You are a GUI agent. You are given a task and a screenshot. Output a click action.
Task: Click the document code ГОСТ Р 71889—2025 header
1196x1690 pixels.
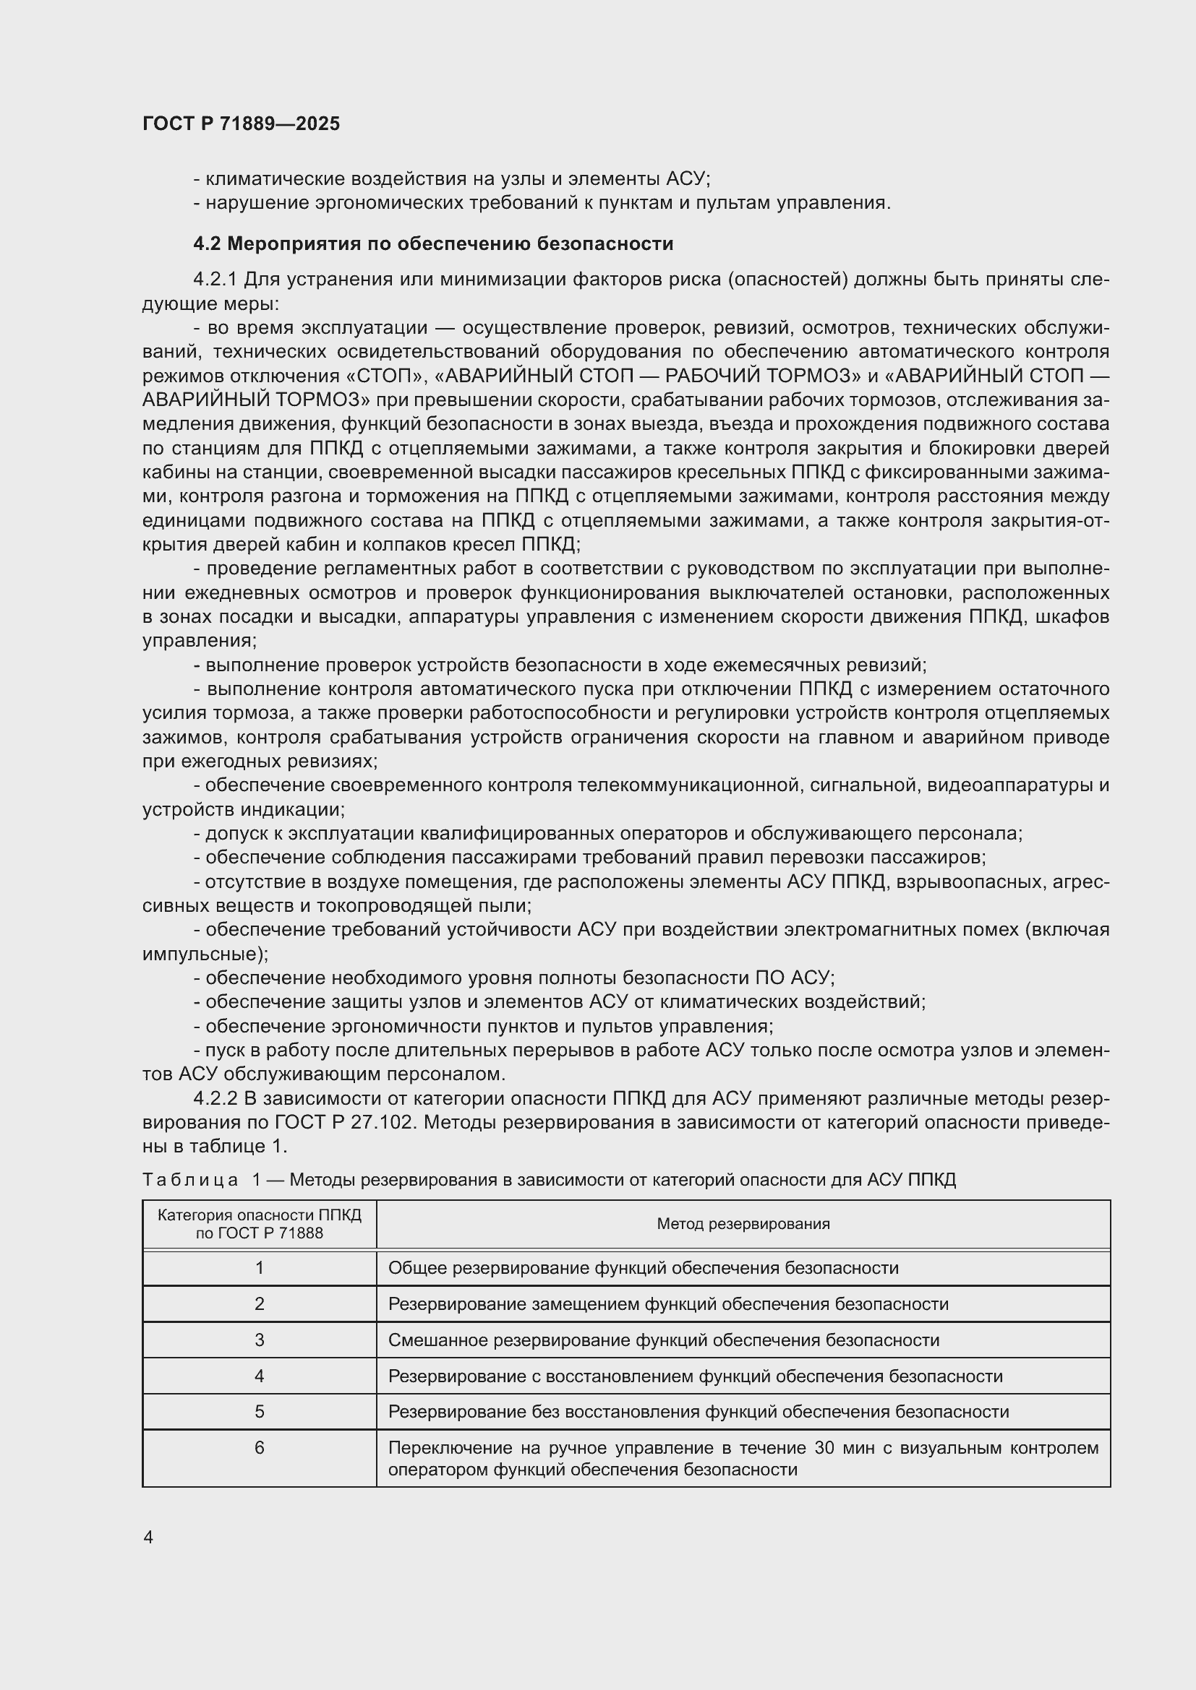coord(241,124)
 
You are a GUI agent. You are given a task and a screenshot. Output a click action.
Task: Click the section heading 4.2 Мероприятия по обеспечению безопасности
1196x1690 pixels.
coord(433,243)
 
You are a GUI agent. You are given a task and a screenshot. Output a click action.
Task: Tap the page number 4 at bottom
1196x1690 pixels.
coord(148,1537)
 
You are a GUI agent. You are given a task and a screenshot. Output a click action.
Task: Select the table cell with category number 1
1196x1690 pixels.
coord(260,1268)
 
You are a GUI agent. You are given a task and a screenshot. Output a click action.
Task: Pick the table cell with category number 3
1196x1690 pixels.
coord(260,1340)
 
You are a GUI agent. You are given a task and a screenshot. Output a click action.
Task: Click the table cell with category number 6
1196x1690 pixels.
coord(260,1448)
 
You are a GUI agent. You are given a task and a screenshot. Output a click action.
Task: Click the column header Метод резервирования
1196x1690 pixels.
coord(743,1223)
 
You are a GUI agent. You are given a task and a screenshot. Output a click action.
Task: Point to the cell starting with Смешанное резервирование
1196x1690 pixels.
coord(663,1340)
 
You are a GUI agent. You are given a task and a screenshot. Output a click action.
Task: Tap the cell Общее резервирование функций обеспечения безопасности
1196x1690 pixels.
coord(643,1268)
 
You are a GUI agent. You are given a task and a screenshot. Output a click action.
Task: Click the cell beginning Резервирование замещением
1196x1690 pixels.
coord(668,1304)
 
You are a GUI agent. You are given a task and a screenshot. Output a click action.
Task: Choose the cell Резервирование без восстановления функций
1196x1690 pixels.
coord(699,1412)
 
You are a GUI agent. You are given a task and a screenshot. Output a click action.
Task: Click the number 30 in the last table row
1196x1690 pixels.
coord(824,1448)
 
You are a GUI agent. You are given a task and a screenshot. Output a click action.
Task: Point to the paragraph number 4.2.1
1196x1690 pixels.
coord(215,280)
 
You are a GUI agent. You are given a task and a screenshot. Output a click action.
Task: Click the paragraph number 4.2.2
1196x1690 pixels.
coord(215,1099)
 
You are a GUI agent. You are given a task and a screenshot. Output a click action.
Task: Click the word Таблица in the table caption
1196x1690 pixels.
coord(190,1180)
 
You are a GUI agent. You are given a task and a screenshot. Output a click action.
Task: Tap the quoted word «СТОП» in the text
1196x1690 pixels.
coord(388,376)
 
